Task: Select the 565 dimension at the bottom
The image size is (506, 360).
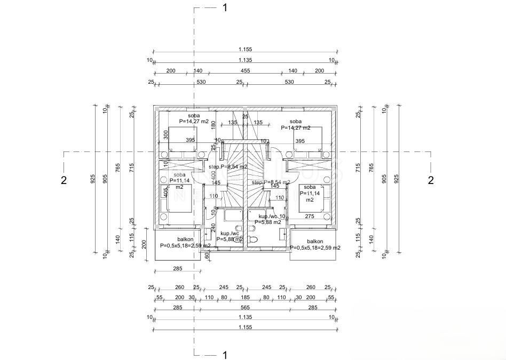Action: click(245, 307)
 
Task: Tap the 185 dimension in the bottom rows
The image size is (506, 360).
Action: click(245, 297)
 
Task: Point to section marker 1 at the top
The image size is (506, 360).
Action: click(225, 7)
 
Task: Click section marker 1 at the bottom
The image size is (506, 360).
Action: click(225, 355)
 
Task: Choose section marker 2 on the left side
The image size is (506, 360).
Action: click(64, 180)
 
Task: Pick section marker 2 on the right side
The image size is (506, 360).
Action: click(431, 180)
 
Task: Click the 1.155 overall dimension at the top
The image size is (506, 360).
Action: click(245, 49)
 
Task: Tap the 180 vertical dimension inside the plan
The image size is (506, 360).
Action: click(214, 125)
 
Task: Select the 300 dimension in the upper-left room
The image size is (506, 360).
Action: click(166, 134)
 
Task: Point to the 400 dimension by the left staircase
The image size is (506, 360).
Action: click(213, 174)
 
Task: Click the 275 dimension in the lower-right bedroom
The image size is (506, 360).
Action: click(310, 217)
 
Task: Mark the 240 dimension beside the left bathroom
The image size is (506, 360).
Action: click(214, 228)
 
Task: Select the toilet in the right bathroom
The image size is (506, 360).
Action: click(253, 239)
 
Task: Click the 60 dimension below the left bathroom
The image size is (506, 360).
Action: click(207, 255)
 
